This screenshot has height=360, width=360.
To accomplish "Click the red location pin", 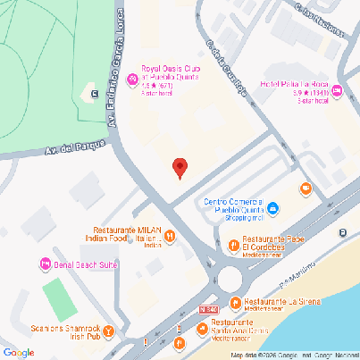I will coord(180,166).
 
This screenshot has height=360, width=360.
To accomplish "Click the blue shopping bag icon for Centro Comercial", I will coord(273,209).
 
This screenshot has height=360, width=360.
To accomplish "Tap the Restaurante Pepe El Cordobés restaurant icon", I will coord(232,244).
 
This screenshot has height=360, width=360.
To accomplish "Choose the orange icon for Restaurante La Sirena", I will coord(235,303).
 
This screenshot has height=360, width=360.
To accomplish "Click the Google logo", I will coord(19,351).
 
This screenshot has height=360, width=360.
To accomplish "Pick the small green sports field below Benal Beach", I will coord(56,297).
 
